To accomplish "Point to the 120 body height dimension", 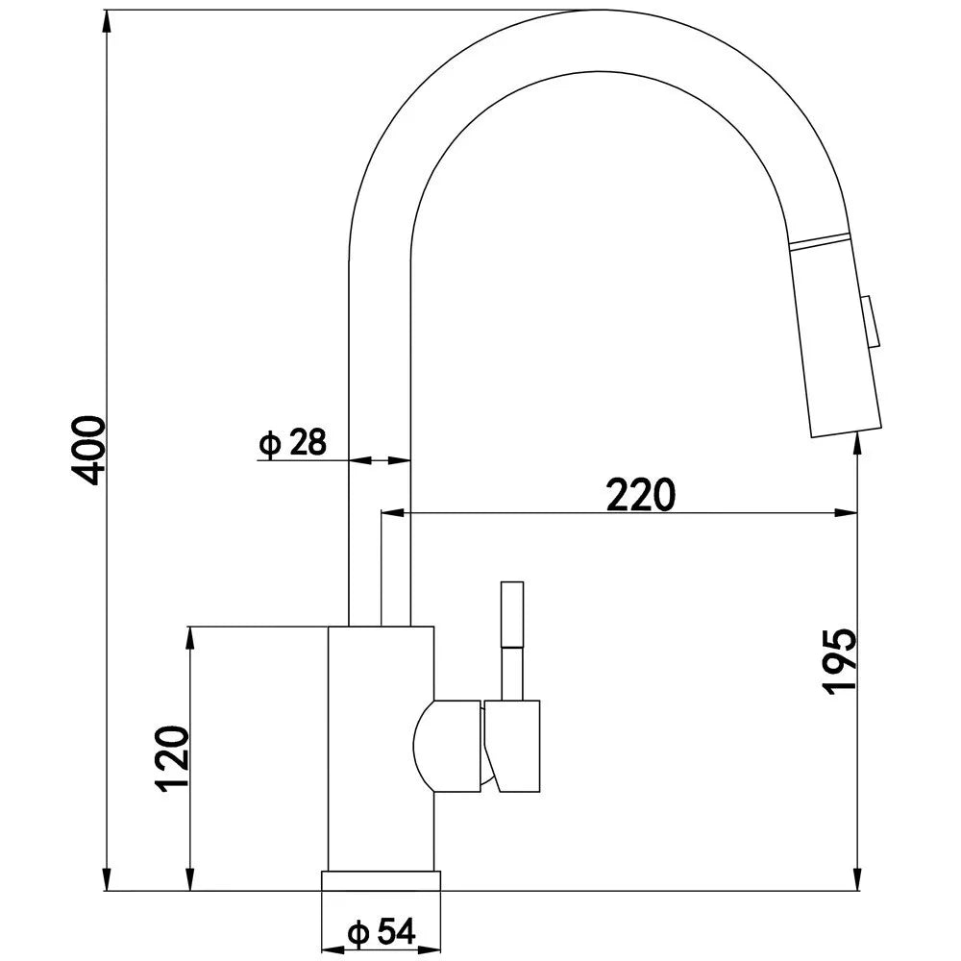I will point(172,758).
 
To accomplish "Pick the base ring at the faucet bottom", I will point(382,887).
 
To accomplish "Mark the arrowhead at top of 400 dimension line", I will point(105,19).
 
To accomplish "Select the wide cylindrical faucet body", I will point(382,750).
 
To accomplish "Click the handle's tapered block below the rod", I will point(514,746).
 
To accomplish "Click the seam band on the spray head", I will point(819,242).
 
